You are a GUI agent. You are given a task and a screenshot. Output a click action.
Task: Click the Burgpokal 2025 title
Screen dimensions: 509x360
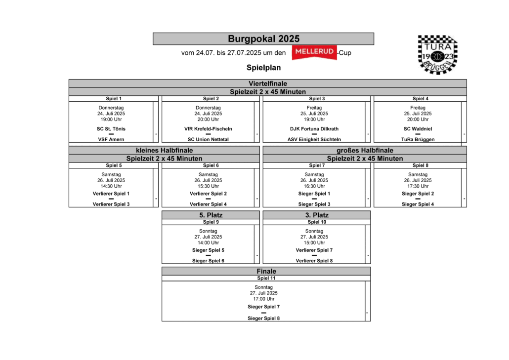point(263,39)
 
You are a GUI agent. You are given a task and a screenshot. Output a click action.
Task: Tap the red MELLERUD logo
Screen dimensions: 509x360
point(314,52)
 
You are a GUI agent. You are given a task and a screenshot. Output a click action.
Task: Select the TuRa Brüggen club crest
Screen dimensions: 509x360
point(437,54)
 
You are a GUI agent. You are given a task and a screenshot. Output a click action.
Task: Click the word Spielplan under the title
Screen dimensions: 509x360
point(263,68)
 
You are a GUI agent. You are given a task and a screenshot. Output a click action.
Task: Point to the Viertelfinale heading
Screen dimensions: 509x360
point(268,83)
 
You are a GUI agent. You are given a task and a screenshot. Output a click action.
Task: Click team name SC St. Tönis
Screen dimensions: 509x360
point(111,129)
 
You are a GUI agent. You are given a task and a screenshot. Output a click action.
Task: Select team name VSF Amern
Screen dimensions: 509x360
point(111,139)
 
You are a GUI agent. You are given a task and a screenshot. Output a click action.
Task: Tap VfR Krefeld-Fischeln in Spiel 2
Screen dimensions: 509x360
point(208,129)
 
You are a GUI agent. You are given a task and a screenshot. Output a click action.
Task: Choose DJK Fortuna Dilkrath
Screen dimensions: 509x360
point(314,129)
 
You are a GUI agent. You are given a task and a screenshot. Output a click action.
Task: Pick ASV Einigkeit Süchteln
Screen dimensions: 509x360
point(314,139)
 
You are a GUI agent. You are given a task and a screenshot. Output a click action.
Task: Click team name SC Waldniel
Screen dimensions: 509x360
point(418,129)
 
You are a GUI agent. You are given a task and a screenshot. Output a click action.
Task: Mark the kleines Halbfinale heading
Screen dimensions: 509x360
point(164,150)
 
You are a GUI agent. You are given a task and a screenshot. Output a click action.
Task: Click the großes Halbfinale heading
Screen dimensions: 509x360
point(365,150)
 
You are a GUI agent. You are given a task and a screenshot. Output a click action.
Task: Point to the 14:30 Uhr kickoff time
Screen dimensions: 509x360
point(111,186)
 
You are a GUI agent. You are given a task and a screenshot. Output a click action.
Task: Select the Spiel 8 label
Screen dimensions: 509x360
point(421,165)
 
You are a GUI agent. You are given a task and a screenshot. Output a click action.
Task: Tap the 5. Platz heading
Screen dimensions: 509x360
point(211,215)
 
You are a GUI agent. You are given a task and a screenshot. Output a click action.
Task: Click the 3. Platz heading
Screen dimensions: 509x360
point(317,215)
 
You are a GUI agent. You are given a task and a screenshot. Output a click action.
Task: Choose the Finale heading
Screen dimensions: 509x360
point(266,271)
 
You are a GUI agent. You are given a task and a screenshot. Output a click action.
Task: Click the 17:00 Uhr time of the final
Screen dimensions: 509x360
point(263,299)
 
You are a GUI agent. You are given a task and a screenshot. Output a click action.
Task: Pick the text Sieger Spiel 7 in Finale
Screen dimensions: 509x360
point(263,307)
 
